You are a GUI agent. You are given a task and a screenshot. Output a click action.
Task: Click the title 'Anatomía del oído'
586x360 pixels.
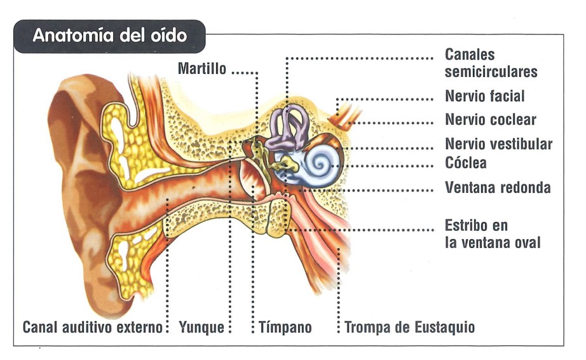pos(109,35)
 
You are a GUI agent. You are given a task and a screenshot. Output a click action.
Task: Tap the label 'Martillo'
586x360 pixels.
pos(202,69)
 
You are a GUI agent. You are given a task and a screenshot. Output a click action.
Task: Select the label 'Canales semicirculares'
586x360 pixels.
pos(491,63)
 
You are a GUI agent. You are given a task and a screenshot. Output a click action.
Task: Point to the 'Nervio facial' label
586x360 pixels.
pos(485,97)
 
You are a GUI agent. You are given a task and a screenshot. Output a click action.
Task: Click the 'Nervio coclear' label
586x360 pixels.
pos(491,120)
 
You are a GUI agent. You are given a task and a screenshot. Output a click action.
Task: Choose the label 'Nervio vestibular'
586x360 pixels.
pos(498,144)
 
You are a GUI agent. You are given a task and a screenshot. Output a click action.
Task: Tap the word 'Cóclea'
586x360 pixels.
pos(466,163)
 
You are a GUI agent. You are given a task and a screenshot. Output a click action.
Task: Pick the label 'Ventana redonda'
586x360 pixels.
pos(498,188)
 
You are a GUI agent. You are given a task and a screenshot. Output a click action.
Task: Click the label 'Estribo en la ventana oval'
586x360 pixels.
pos(493,233)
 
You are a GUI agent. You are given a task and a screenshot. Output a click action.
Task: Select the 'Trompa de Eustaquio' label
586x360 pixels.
pos(409,328)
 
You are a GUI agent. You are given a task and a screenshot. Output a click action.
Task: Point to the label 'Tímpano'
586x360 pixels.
pos(285,328)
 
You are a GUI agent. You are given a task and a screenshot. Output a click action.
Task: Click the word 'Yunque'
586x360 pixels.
pos(201,328)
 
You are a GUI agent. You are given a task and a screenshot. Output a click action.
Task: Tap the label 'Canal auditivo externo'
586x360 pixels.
pos(93,328)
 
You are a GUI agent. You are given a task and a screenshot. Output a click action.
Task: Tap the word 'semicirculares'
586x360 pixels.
pos(491,71)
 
